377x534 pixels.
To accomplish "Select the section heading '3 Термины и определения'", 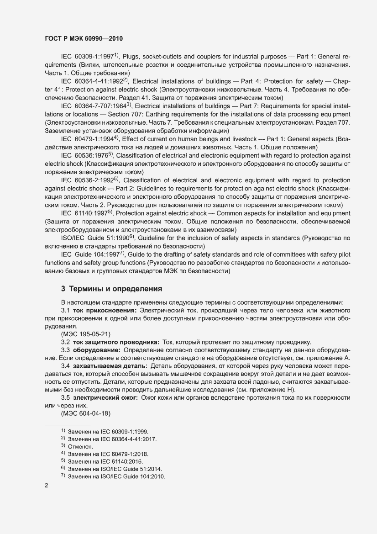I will pos(112,289).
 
